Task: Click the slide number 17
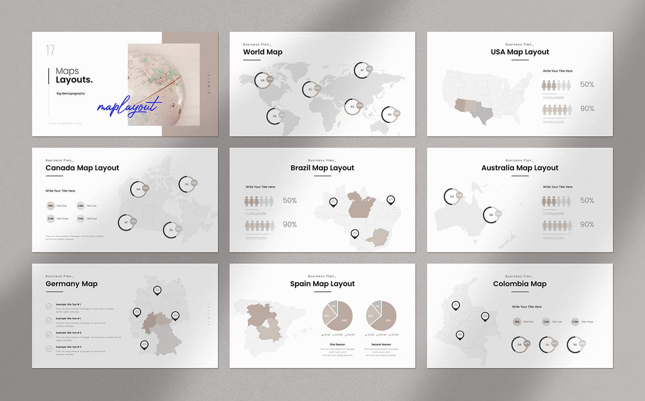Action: pos(50,50)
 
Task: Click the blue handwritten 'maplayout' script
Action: pos(128,106)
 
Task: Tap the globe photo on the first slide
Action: pos(163,85)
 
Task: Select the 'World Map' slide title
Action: pos(262,52)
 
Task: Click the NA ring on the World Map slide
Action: pos(262,80)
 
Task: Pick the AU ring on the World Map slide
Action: pos(352,107)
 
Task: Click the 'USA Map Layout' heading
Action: pos(520,52)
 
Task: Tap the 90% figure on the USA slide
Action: pos(587,108)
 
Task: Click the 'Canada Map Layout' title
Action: pos(82,168)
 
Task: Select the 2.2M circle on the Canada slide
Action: pos(81,206)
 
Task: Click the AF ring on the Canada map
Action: pos(126,222)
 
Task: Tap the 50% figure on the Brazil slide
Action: pos(289,201)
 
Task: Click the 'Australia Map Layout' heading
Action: pos(520,168)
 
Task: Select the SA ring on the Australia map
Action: pos(491,215)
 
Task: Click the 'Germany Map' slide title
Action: pos(71,284)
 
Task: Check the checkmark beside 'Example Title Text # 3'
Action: pos(49,349)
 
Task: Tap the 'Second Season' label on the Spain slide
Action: pos(381,345)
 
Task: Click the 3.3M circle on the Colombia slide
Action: pos(575,322)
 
